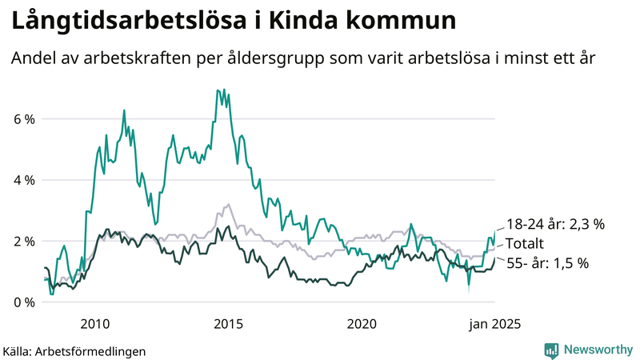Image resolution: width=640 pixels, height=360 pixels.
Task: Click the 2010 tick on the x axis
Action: pyautogui.click(x=95, y=324)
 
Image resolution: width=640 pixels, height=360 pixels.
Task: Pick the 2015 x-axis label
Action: pyautogui.click(x=229, y=324)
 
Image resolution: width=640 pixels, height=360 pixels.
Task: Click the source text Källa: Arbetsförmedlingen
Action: pyautogui.click(x=74, y=350)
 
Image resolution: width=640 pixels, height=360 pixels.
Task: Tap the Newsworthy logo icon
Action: pyautogui.click(x=552, y=350)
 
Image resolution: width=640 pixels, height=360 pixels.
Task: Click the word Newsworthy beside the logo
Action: pyautogui.click(x=598, y=350)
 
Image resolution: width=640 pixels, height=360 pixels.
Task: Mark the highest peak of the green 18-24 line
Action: pyautogui.click(x=218, y=90)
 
